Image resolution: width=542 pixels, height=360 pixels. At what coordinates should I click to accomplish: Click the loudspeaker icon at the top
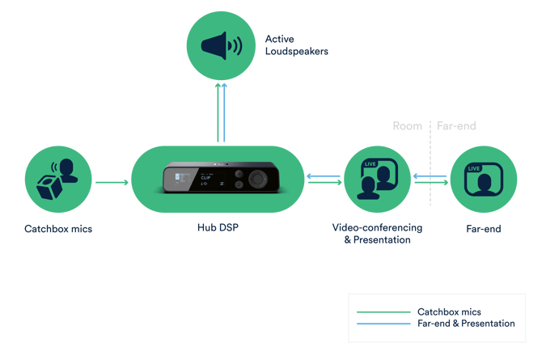pos(221,45)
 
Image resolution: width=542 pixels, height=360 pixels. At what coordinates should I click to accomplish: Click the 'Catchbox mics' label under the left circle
pos(58,229)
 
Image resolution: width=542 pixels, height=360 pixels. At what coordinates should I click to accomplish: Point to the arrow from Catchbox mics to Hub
pos(112,183)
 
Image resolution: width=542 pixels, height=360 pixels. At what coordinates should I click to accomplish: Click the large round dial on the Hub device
pos(260,179)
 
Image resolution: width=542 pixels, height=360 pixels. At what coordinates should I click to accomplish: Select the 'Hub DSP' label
pos(218,228)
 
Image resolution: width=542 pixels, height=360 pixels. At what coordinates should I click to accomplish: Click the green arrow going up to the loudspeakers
pos(217,113)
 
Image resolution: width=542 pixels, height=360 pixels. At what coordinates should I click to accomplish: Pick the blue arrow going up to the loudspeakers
pos(226,113)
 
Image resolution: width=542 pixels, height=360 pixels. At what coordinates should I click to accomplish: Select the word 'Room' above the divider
pos(407,126)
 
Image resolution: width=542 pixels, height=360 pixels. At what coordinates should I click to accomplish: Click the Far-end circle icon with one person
pos(483,178)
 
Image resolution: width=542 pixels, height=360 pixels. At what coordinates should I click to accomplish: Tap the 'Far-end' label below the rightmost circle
pos(483,229)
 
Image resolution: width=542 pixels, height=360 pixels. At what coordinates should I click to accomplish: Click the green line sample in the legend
pos(384,311)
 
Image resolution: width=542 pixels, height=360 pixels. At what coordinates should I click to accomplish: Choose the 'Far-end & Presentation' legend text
pos(465,323)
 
